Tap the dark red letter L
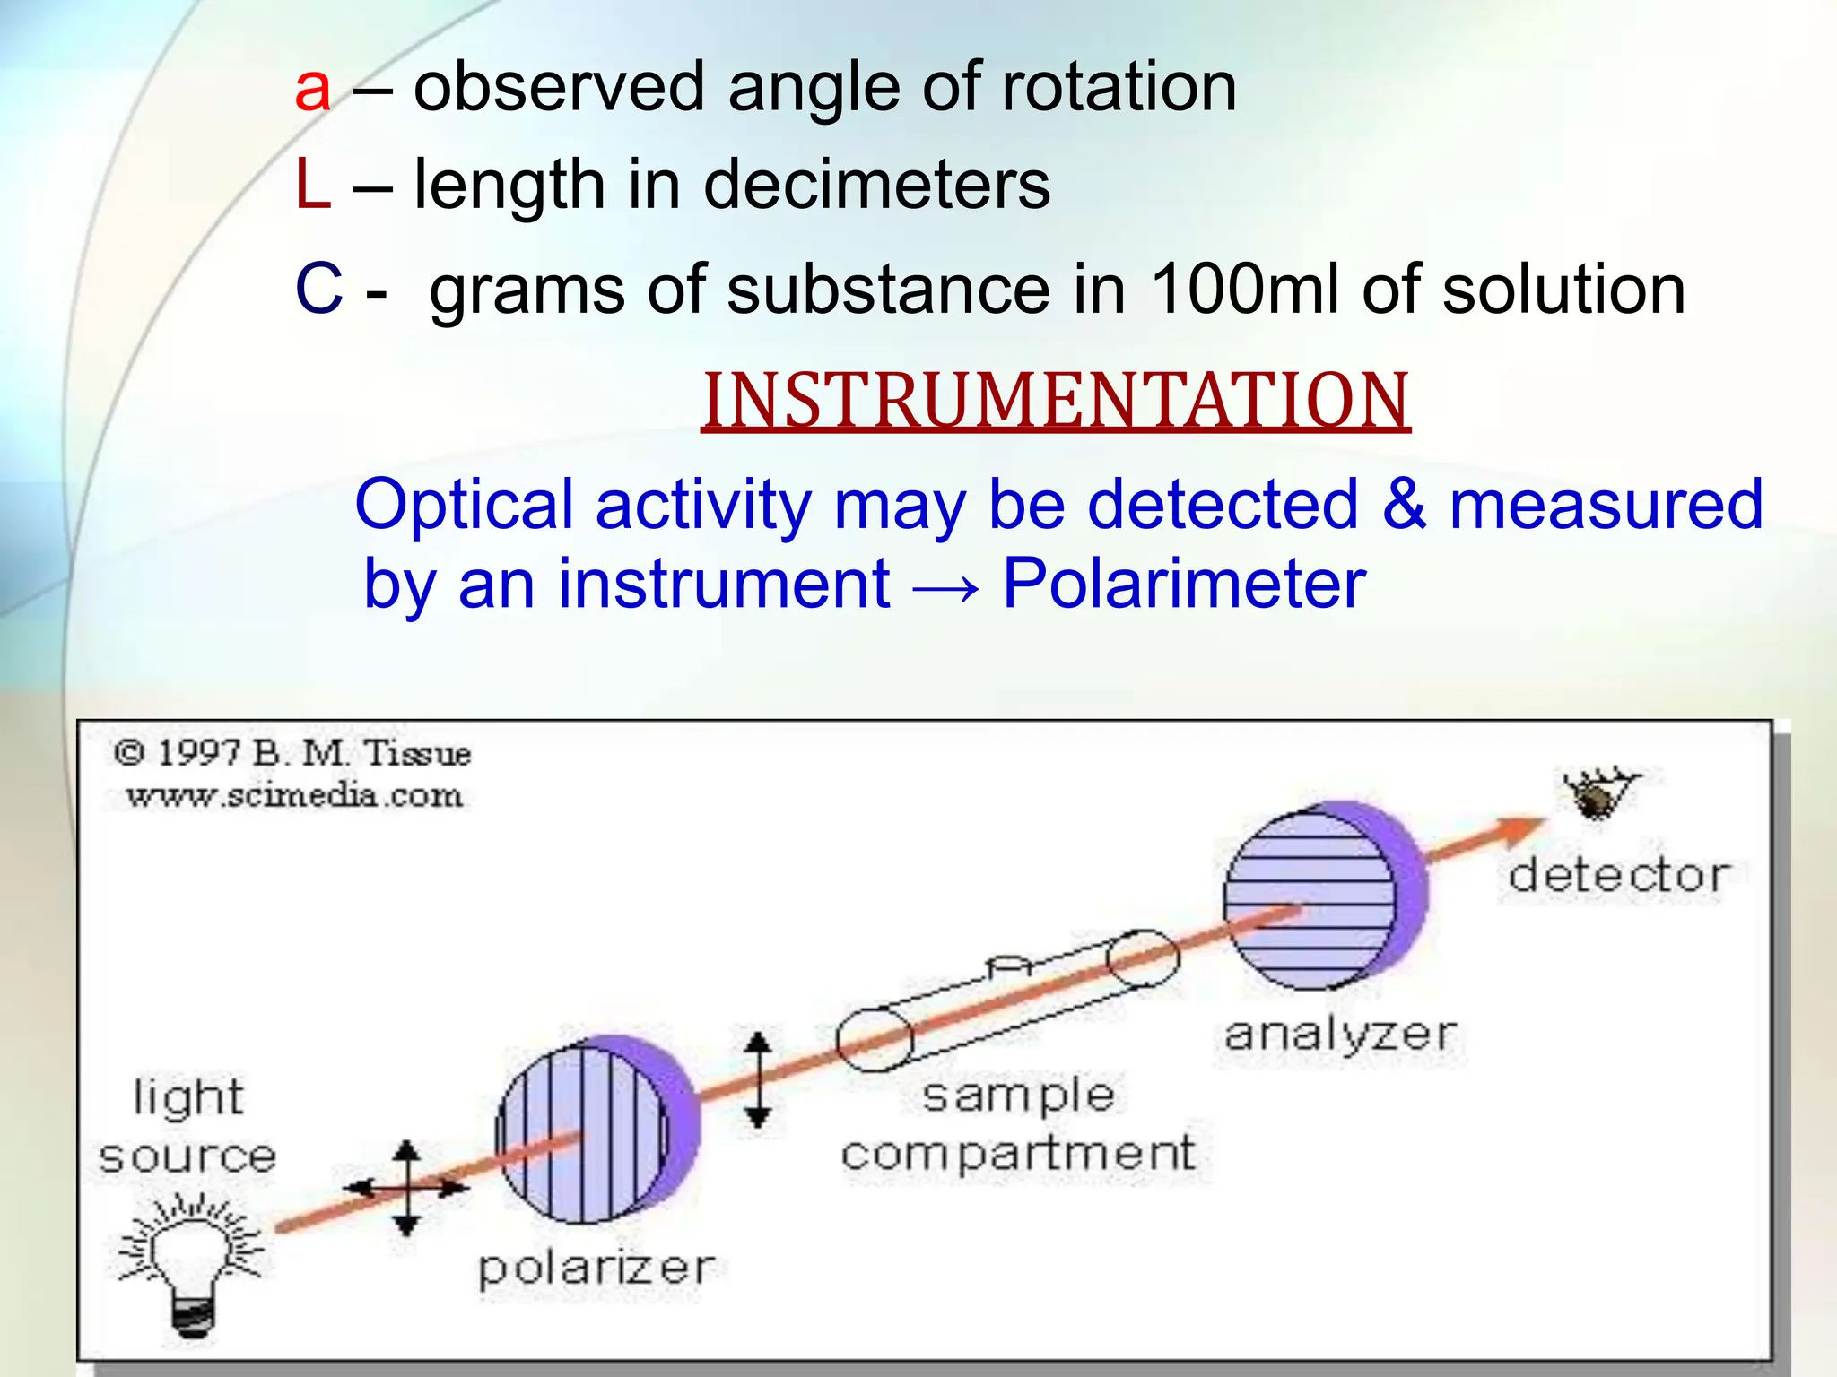(312, 186)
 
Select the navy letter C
(318, 290)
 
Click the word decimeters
(876, 186)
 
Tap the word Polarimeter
(1183, 585)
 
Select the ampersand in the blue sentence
(1404, 505)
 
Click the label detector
(1618, 876)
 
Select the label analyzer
(1340, 1035)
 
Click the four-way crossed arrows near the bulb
(407, 1188)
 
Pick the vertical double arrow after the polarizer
(759, 1079)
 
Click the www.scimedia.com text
(294, 795)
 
